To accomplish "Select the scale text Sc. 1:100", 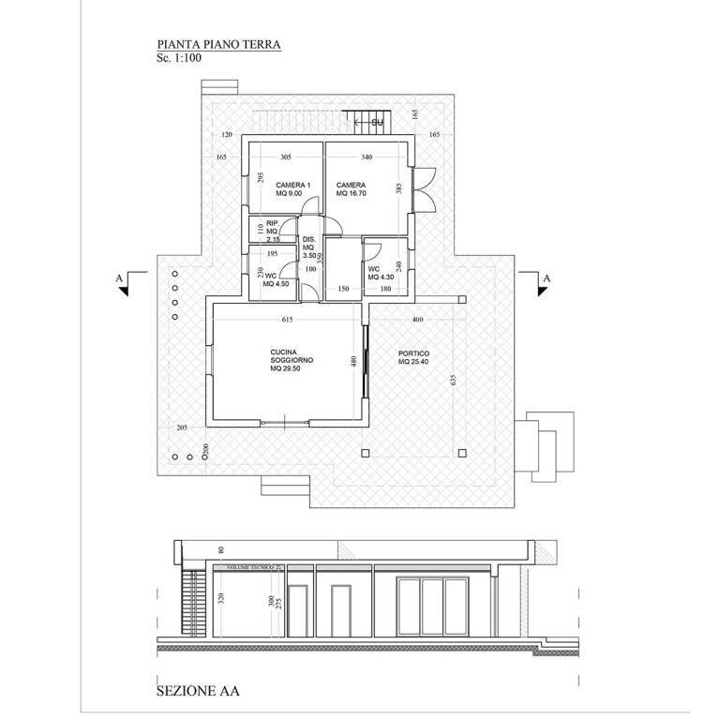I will (x=180, y=57).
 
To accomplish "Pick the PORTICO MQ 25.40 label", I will (x=412, y=357).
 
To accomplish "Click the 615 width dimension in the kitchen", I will (x=287, y=321).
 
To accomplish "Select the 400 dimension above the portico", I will (x=417, y=321).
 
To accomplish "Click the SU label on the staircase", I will (x=378, y=123).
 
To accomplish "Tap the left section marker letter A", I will (x=117, y=278).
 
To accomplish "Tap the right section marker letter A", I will (x=546, y=278).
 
